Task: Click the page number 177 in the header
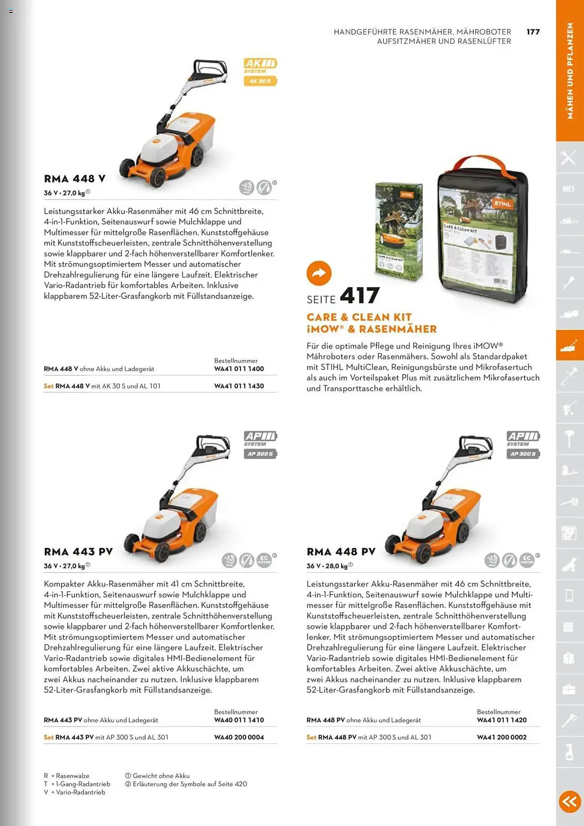click(x=533, y=32)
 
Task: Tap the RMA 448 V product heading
click(x=75, y=179)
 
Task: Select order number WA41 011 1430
click(x=239, y=386)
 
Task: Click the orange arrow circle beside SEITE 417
click(x=319, y=273)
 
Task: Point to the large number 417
click(x=359, y=295)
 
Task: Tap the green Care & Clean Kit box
click(x=399, y=231)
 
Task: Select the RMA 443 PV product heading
click(x=78, y=552)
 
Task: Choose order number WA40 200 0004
click(x=239, y=737)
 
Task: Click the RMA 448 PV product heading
click(x=341, y=552)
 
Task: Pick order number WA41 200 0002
click(x=501, y=737)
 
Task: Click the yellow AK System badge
click(x=260, y=71)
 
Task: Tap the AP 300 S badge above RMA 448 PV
click(x=523, y=454)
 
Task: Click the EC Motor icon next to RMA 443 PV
click(x=264, y=560)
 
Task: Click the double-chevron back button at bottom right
click(x=570, y=801)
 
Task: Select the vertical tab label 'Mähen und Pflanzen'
click(x=570, y=71)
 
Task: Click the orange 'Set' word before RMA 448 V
click(x=49, y=386)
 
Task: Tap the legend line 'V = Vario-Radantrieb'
click(x=75, y=792)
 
